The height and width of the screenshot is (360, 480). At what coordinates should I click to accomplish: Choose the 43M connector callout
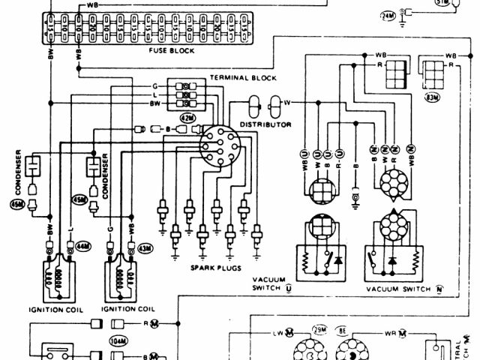142,247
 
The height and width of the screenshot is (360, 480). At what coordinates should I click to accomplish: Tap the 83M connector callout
432,97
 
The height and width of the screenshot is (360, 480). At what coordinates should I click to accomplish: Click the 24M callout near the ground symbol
388,14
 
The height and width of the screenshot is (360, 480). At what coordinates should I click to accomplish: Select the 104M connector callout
117,340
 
